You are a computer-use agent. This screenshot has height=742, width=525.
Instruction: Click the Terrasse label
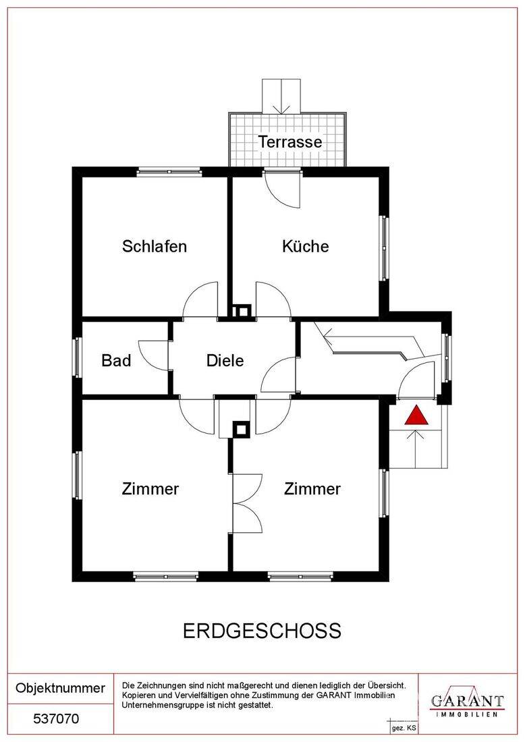289,142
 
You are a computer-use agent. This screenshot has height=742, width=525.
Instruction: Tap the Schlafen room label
155,246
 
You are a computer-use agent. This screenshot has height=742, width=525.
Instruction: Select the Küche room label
306,246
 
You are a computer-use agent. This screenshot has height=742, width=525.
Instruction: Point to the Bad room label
116,360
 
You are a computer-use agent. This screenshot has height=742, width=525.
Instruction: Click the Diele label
225,360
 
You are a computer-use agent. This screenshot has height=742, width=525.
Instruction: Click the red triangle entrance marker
416,416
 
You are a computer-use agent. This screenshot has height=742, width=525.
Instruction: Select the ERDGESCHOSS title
262,631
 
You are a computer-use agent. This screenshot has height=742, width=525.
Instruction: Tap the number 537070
56,719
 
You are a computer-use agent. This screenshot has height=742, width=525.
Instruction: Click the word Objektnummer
60,688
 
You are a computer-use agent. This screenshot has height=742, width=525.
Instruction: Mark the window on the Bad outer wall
78,357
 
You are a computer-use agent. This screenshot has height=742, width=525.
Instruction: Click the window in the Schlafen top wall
169,172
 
